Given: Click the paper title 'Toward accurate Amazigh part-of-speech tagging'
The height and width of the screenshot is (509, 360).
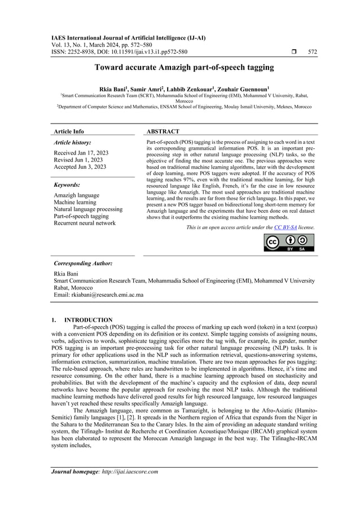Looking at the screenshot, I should click(x=180, y=67).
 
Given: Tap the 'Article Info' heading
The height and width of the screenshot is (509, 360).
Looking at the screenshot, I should click(x=69, y=131).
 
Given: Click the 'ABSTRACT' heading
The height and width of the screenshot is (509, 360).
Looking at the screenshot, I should click(x=163, y=131).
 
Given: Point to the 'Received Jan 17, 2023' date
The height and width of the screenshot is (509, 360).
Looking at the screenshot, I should click(x=81, y=153).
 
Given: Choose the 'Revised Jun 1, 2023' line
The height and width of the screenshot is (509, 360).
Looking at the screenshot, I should click(x=78, y=160).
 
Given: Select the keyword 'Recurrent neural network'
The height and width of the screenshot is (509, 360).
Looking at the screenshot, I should click(x=84, y=223).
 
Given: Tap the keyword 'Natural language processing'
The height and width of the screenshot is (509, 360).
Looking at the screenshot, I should click(x=87, y=209).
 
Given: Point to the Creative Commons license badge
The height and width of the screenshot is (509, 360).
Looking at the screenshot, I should click(x=289, y=242).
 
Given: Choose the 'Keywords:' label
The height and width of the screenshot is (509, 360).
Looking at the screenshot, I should click(x=67, y=185).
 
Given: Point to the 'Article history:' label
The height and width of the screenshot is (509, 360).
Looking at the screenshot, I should click(x=72, y=143).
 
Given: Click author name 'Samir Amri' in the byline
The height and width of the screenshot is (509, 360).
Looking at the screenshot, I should click(x=163, y=89).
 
